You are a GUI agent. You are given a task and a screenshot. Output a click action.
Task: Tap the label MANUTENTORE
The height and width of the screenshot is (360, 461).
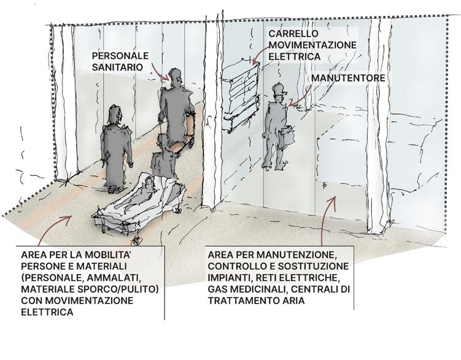click(x=348, y=78)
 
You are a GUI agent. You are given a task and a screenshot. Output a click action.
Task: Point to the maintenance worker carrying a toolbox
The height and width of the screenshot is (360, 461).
click(x=274, y=127)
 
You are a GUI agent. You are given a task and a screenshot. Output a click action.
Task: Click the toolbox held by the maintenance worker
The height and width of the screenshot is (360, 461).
click(x=287, y=137)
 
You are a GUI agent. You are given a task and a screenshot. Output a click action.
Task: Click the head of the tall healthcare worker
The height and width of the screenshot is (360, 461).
click(x=173, y=77)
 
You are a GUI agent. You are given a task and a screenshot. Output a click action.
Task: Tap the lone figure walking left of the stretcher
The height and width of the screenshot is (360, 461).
click(x=117, y=147)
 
